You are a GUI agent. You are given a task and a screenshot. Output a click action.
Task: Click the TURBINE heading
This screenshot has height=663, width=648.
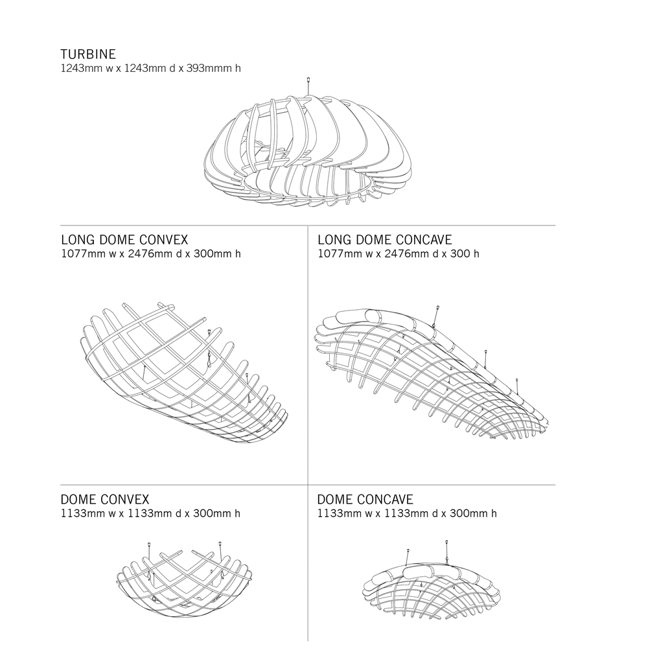(x=88, y=54)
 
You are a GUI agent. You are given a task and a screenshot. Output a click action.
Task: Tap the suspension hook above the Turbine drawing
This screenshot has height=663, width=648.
(x=308, y=86)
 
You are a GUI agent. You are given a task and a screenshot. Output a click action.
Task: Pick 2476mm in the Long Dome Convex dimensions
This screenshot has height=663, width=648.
(x=146, y=253)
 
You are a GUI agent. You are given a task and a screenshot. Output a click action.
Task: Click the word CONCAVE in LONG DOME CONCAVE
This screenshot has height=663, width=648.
(x=424, y=240)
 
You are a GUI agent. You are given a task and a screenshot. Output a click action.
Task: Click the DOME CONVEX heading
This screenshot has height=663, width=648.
(x=105, y=500)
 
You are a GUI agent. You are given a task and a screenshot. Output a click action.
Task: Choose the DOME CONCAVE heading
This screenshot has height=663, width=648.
(x=365, y=500)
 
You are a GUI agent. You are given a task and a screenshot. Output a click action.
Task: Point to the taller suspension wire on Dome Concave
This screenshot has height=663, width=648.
(x=446, y=552)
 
